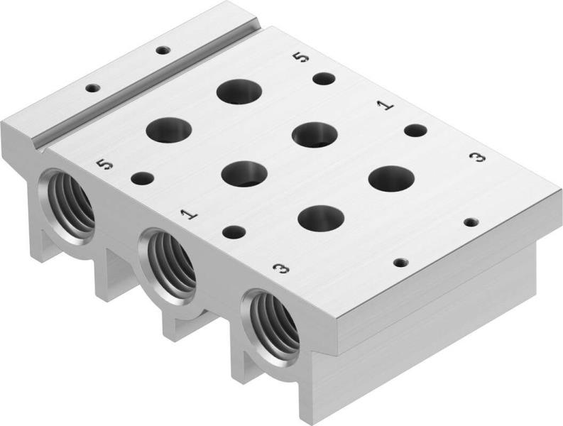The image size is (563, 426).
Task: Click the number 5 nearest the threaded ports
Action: [x=105, y=165]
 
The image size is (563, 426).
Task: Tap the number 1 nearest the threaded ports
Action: [x=187, y=214]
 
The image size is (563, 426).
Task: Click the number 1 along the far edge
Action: [x=384, y=106]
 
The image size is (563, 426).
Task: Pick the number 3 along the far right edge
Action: [x=479, y=157]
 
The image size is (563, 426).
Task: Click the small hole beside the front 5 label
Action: [x=142, y=178]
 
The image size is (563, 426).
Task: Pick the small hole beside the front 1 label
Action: [x=232, y=231]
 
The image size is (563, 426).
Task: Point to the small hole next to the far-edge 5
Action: [x=324, y=78]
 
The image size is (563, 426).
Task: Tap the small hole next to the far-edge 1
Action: [x=415, y=131]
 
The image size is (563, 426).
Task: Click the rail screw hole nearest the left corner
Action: [x=93, y=89]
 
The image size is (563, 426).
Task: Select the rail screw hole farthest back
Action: [x=163, y=50]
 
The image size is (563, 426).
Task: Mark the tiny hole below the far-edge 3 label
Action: [x=469, y=223]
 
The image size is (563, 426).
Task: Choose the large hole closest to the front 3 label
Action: [x=319, y=217]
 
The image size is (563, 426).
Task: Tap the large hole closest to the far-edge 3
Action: [x=391, y=178]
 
